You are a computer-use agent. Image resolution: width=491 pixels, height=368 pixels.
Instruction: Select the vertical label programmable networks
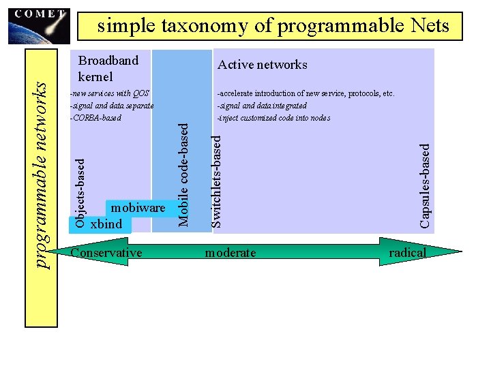tap(42, 175)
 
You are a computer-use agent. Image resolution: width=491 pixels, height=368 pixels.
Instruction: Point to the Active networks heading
tap(262, 65)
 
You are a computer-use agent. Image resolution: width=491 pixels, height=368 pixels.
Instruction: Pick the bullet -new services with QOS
tap(109, 93)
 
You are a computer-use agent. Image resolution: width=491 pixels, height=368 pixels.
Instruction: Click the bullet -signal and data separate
tap(112, 105)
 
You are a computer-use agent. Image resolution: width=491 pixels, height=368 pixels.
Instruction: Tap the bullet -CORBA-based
tap(95, 117)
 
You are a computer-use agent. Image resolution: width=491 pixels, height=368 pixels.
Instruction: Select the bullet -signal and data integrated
tap(262, 105)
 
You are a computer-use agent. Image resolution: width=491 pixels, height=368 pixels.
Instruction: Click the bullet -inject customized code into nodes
tap(273, 117)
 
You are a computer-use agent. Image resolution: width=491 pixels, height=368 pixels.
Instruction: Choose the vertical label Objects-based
tap(80, 193)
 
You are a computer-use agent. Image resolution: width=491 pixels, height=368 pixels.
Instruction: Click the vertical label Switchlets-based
tap(216, 180)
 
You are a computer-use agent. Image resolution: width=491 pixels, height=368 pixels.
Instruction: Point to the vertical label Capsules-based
tap(425, 185)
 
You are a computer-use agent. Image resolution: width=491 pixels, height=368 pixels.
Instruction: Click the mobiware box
tap(138, 207)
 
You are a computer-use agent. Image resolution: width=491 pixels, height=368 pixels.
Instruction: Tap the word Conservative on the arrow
tap(106, 253)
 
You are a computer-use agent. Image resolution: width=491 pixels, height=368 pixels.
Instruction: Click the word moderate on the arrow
tap(230, 253)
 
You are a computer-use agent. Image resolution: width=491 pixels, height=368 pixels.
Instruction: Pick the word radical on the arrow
tap(407, 253)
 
